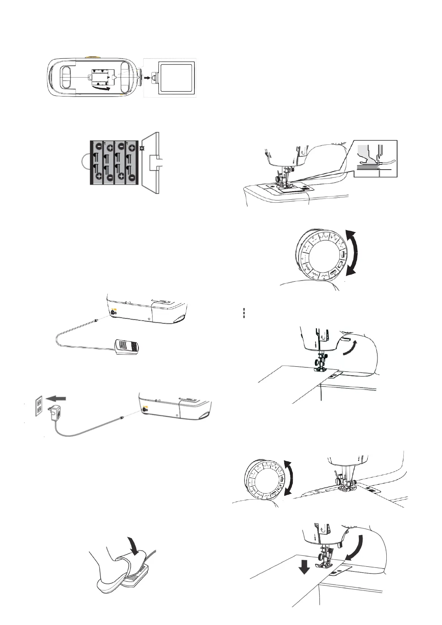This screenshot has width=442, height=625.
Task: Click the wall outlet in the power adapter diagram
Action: [39, 406]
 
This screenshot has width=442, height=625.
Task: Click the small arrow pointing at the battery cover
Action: [147, 78]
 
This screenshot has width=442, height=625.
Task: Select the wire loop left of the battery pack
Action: [85, 163]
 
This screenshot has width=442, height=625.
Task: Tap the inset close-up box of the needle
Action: [375, 158]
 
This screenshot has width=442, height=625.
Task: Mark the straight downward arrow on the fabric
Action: [304, 567]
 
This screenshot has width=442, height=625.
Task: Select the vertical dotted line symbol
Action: [244, 313]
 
